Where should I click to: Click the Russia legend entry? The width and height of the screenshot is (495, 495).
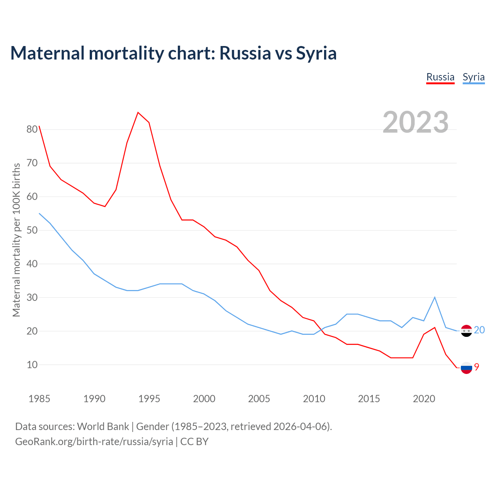(440, 77)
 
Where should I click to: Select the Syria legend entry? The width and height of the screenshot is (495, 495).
(473, 77)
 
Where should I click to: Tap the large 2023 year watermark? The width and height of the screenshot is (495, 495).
(415, 122)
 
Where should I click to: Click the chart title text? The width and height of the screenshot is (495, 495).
(173, 53)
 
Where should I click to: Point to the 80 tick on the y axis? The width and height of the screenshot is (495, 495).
(32, 129)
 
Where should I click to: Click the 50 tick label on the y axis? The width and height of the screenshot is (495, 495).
(32, 230)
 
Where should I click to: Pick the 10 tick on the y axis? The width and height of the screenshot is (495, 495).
(32, 365)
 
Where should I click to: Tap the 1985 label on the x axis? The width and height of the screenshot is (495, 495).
(39, 399)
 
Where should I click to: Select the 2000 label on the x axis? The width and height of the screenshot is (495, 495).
(204, 399)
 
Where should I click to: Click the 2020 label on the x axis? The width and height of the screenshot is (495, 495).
(424, 399)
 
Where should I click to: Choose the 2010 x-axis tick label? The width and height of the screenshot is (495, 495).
(314, 399)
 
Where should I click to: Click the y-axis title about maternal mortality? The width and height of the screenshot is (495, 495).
(16, 240)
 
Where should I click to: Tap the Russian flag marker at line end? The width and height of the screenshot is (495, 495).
(466, 368)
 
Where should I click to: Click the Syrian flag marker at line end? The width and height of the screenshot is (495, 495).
(466, 331)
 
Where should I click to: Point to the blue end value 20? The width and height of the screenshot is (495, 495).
(479, 330)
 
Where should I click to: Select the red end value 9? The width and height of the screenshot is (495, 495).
(477, 367)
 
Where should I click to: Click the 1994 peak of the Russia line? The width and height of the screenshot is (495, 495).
(138, 113)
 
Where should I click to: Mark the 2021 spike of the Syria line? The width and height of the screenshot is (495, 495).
(435, 297)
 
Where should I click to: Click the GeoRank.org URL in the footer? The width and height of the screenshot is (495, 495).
(94, 442)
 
